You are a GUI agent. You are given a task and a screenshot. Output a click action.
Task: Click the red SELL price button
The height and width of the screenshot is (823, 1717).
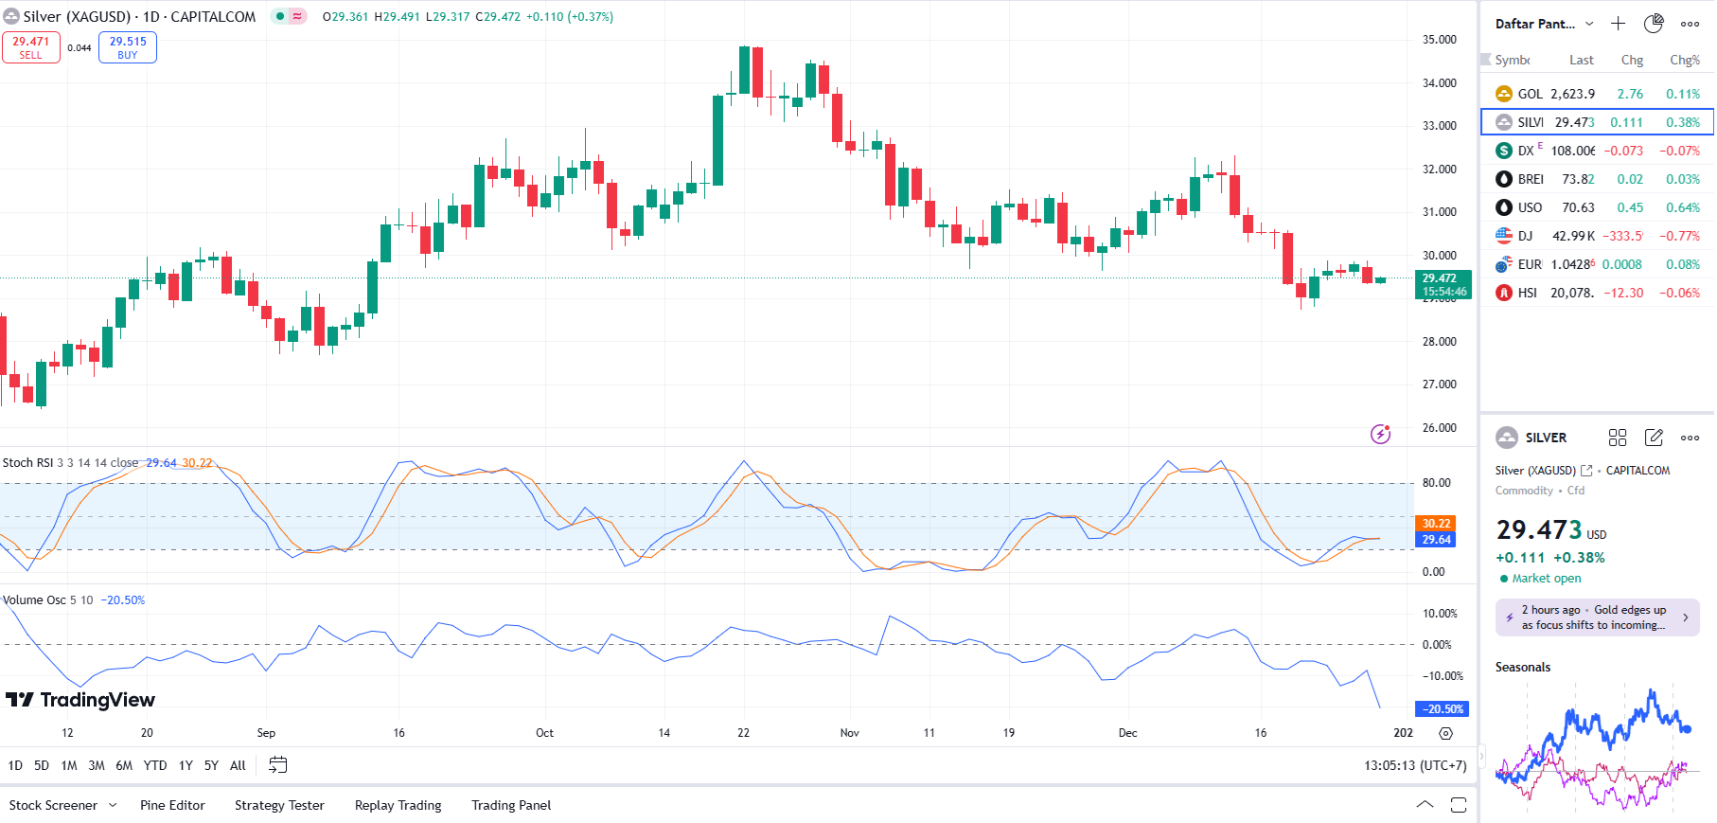(31, 47)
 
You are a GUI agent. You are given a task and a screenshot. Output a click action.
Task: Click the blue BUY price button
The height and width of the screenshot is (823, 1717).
(128, 47)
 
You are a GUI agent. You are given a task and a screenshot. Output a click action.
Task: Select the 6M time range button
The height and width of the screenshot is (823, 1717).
(124, 765)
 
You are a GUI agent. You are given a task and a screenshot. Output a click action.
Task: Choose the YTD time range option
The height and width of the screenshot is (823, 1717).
(155, 765)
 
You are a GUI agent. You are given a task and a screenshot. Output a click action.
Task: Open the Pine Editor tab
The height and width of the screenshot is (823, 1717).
(172, 805)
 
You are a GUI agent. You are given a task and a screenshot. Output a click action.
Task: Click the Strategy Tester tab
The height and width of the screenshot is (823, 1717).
(279, 805)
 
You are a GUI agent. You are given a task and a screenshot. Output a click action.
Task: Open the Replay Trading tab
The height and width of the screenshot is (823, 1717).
(398, 805)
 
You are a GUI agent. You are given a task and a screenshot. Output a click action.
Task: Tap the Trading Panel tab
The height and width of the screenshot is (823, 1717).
(511, 805)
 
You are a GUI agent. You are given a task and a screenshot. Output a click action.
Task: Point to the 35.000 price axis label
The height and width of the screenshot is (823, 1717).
(1439, 40)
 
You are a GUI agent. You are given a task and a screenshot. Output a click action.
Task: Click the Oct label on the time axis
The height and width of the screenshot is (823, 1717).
(544, 733)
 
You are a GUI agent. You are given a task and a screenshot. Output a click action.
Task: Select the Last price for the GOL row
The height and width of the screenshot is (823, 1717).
(1572, 94)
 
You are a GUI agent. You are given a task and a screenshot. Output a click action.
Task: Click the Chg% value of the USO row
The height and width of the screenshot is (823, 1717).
(1683, 207)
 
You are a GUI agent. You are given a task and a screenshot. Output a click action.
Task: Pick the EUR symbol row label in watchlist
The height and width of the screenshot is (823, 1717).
(1530, 264)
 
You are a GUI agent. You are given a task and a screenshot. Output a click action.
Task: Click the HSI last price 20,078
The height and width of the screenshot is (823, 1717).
(1571, 293)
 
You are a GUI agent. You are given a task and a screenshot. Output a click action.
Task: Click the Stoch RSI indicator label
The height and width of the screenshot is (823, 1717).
(28, 463)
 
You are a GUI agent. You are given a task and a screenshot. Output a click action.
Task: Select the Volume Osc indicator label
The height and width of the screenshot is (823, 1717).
(34, 600)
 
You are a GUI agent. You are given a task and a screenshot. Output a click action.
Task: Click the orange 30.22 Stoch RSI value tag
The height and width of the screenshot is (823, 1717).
(1436, 524)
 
